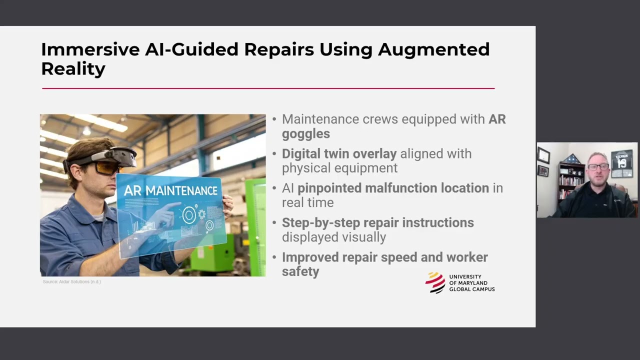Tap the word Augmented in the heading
coord(433,49)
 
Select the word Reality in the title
coord(73,68)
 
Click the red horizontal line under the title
coord(268,88)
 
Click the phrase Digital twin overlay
coord(339,153)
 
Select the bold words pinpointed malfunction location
coord(393,188)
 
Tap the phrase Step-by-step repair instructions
coord(377,222)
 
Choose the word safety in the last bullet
coord(300,271)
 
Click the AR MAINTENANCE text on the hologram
coord(170,190)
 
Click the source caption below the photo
coord(72,282)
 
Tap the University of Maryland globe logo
coord(435,282)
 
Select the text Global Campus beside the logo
coord(471,289)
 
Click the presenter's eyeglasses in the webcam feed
coord(598,166)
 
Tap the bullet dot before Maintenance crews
coord(274,119)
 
